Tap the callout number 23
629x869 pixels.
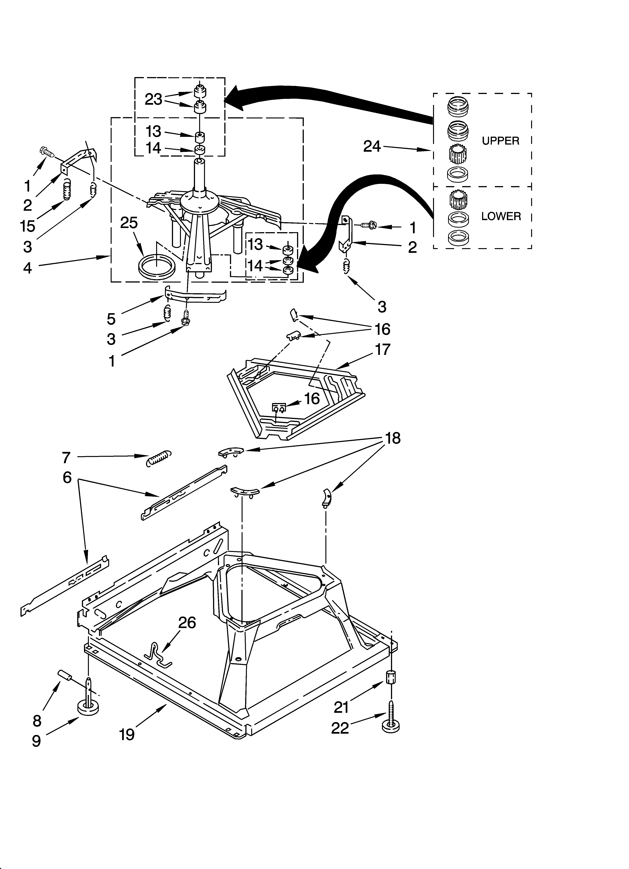pos(153,100)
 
